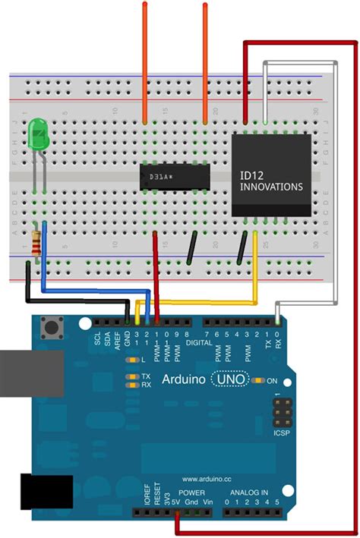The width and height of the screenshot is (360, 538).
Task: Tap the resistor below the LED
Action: (36, 243)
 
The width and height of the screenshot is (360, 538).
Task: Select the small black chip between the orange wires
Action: (174, 177)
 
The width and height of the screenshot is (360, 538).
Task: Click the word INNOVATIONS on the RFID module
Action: (271, 187)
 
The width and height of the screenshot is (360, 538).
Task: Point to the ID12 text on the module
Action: (251, 175)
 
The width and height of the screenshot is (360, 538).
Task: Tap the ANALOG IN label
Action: (249, 492)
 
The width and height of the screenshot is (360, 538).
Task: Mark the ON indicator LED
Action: (261, 379)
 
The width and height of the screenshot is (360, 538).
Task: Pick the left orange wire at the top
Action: (145, 61)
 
